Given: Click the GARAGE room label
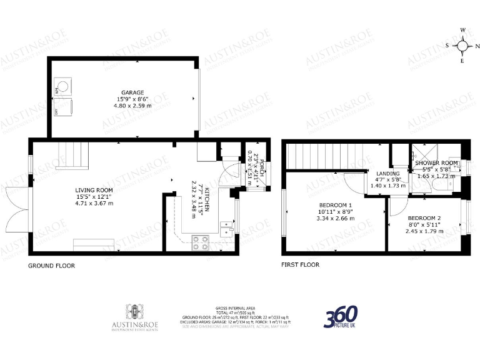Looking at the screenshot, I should [115, 92].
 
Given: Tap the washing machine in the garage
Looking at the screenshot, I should [62, 86].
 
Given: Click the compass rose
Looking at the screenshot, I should [462, 45].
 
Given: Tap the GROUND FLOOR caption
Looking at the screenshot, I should [51, 265].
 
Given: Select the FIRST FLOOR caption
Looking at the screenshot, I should [300, 264].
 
